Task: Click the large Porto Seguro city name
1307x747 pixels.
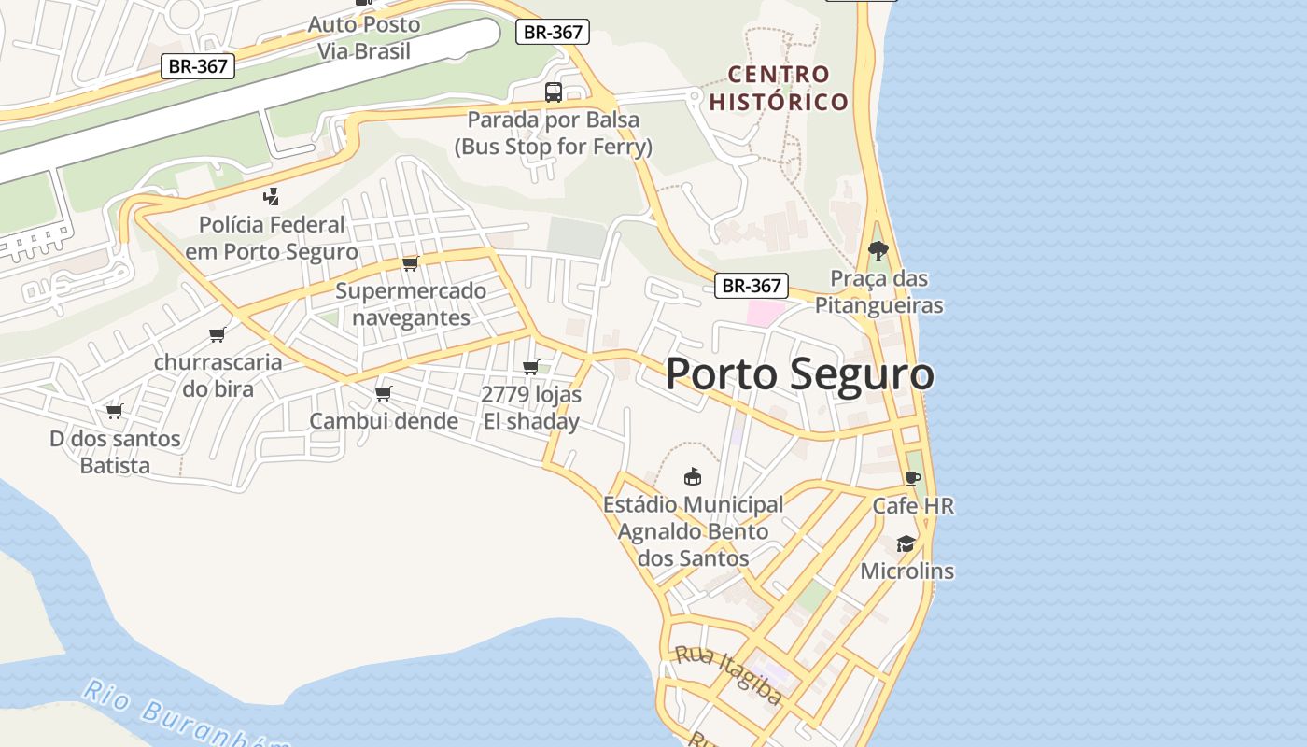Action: (799, 374)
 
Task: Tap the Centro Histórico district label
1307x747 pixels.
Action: (779, 88)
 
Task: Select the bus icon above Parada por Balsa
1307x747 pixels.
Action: (554, 92)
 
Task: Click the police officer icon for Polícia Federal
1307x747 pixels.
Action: (272, 197)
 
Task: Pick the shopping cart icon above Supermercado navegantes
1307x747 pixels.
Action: (410, 263)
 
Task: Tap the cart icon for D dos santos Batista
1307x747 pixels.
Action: (115, 411)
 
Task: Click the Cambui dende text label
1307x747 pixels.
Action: (384, 421)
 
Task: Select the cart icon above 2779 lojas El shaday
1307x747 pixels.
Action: (531, 367)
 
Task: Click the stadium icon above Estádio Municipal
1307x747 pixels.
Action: (693, 477)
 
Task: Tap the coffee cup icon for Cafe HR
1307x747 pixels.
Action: (912, 479)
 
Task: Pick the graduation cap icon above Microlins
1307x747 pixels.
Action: (906, 543)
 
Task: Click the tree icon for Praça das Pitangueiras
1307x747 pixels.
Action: (878, 250)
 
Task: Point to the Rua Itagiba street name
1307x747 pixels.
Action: (728, 674)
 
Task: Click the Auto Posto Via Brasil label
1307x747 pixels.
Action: (364, 37)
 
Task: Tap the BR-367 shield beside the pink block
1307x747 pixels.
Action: (752, 286)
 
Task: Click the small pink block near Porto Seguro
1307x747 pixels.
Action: (765, 313)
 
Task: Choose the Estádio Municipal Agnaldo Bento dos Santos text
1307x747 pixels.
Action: (693, 531)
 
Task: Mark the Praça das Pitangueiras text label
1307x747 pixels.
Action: (878, 291)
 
